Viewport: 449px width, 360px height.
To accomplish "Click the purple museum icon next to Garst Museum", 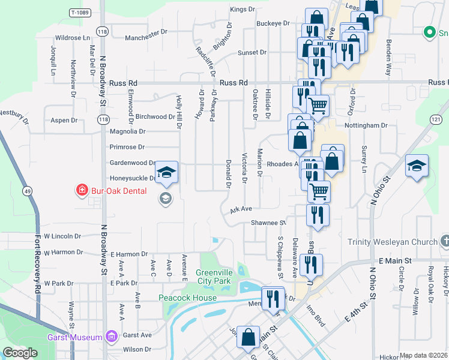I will [110, 337].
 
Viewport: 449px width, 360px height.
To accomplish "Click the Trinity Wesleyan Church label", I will [393, 242].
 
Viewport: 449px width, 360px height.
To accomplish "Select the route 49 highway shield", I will [28, 191].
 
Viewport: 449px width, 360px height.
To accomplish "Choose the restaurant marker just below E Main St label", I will [311, 265].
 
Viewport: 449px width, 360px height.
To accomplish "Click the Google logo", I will [20, 353].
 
